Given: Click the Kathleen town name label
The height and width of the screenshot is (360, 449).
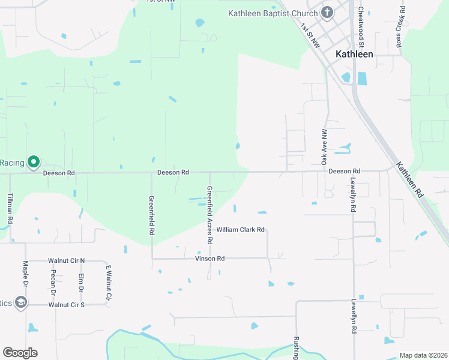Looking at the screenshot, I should coord(354,54).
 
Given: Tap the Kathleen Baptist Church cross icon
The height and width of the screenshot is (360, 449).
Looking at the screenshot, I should coord(327,13).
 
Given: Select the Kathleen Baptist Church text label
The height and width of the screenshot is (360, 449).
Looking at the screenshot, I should coord(273,13).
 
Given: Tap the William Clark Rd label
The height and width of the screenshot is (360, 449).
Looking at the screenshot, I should coord(241,230).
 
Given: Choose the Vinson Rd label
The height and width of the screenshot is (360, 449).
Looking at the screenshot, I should coord(209,259).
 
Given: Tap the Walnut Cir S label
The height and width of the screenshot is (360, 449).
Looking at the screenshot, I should coord(67,305).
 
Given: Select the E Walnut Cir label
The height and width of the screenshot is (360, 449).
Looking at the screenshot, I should coord(109,283).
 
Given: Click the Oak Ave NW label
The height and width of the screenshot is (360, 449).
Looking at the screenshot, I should coord(324,147).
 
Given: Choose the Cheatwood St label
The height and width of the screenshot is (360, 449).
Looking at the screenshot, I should coord(361,27).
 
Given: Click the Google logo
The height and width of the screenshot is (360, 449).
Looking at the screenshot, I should coord(20,353).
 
